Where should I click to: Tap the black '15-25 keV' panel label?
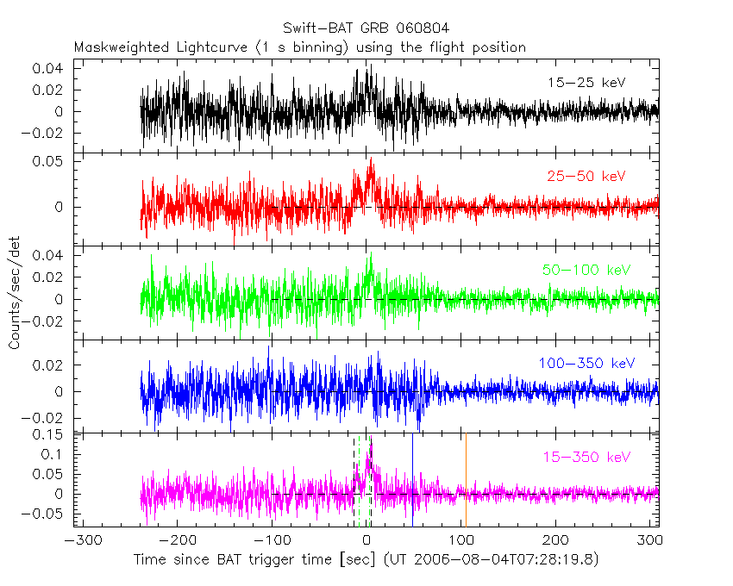(x=586, y=83)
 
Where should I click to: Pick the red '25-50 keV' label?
(x=586, y=177)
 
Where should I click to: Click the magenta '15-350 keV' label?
(x=586, y=457)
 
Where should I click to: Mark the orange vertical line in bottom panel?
(x=466, y=483)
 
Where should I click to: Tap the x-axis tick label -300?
(x=79, y=541)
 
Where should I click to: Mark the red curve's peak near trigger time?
(x=371, y=159)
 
